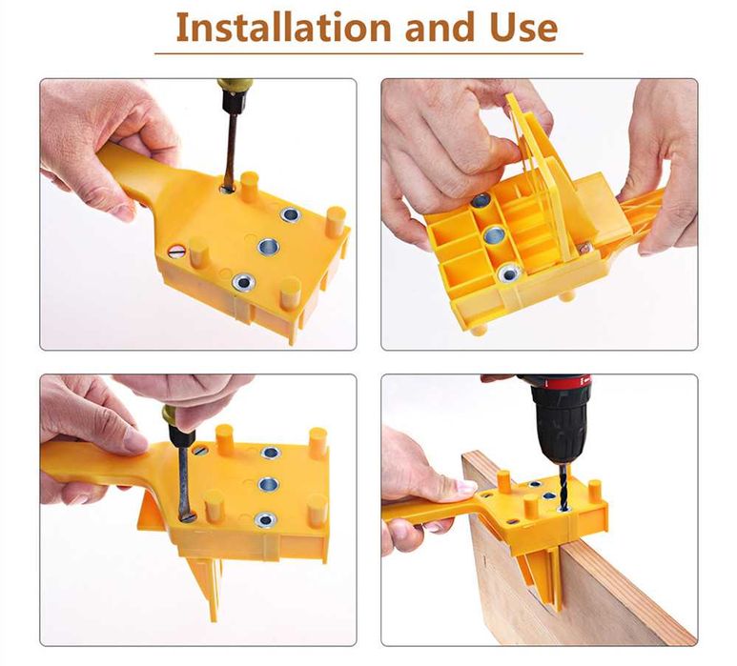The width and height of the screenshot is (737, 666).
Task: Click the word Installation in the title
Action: pyautogui.click(x=284, y=28)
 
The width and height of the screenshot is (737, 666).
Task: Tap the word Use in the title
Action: pyautogui.click(x=523, y=28)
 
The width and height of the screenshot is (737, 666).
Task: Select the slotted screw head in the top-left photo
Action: pyautogui.click(x=177, y=252)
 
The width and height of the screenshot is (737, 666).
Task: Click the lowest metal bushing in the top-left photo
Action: pyautogui.click(x=243, y=281)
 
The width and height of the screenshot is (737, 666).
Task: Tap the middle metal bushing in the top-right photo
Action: pyautogui.click(x=493, y=233)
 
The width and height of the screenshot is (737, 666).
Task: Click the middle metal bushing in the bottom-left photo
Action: pyautogui.click(x=268, y=483)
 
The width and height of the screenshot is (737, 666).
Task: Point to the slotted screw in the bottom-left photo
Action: pyautogui.click(x=200, y=450)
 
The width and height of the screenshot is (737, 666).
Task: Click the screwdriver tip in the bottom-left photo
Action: pyautogui.click(x=187, y=516)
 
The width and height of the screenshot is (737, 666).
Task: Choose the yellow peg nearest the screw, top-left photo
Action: pyautogui.click(x=198, y=253)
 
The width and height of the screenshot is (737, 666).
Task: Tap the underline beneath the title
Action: pyautogui.click(x=368, y=53)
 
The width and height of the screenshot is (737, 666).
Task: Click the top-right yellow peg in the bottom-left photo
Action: pyautogui.click(x=318, y=442)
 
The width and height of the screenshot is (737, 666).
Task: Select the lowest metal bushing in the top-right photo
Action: pyautogui.click(x=508, y=273)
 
